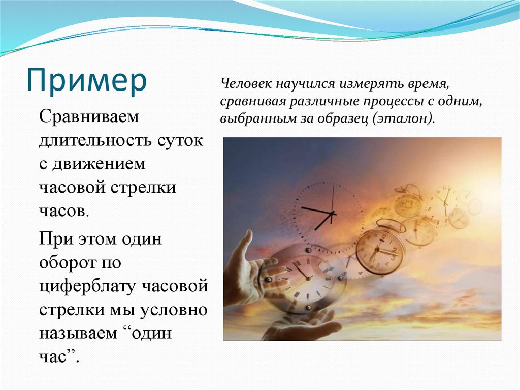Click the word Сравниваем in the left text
click(x=89, y=117)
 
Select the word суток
click(x=180, y=141)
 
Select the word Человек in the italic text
click(x=245, y=83)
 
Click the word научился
click(x=304, y=84)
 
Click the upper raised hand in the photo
click(x=247, y=266)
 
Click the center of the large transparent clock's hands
click(x=332, y=213)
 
